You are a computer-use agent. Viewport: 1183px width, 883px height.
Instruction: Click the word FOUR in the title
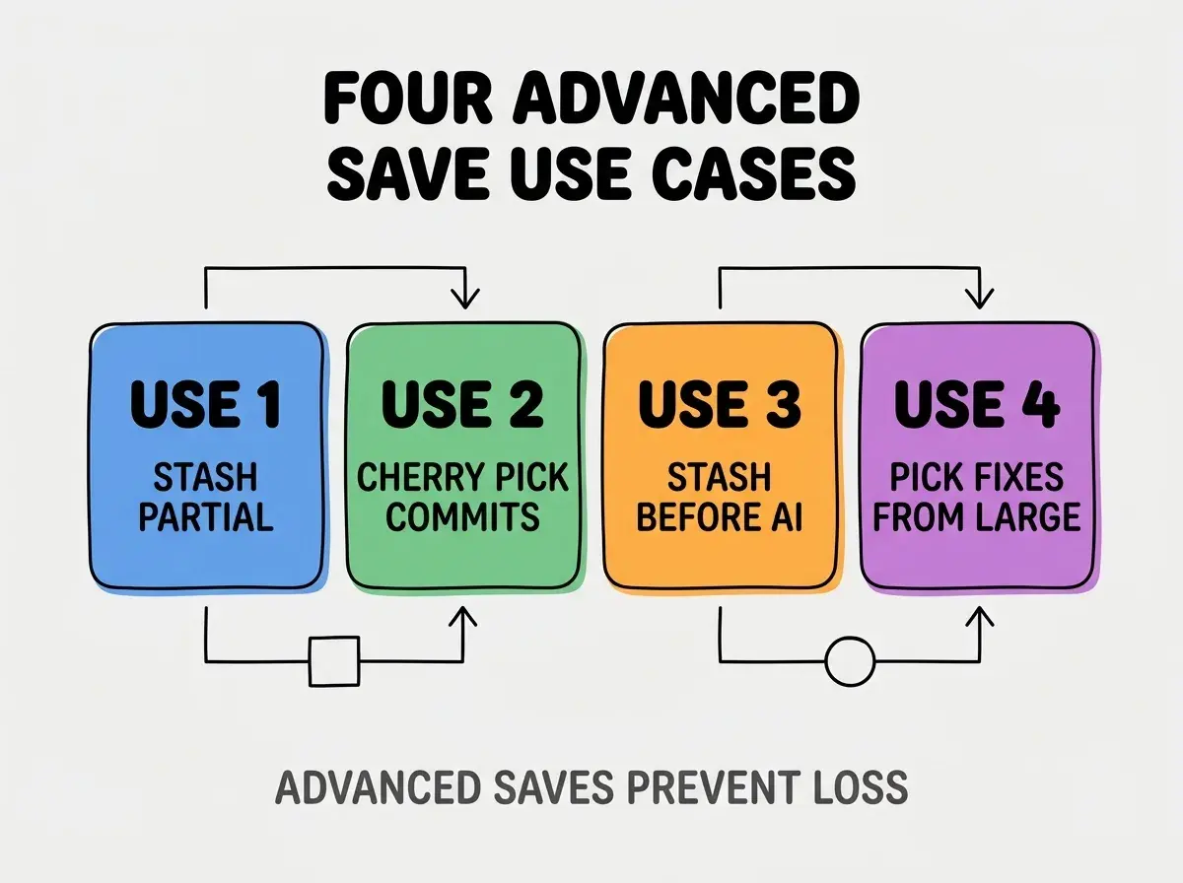407,99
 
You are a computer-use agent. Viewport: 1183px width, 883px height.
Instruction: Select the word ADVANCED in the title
686,99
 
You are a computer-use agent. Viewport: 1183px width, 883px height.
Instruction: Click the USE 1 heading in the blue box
206,404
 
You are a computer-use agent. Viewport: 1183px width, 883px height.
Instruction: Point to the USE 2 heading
462,404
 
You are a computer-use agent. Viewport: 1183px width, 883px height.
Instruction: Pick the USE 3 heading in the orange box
720,404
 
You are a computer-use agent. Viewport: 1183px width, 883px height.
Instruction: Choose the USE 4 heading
977,404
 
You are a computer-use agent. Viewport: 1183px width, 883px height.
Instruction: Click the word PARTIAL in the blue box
206,516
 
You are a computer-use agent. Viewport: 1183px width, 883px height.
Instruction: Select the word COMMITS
462,516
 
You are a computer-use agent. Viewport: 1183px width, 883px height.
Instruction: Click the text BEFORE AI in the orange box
720,516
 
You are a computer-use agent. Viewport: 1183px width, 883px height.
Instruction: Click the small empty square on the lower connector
334,661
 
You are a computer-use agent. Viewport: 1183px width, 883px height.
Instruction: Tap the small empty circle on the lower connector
850,661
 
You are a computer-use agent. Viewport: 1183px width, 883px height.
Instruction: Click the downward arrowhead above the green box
465,298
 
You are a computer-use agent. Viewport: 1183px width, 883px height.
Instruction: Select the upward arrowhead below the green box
463,617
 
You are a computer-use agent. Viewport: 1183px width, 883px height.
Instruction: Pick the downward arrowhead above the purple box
979,298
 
